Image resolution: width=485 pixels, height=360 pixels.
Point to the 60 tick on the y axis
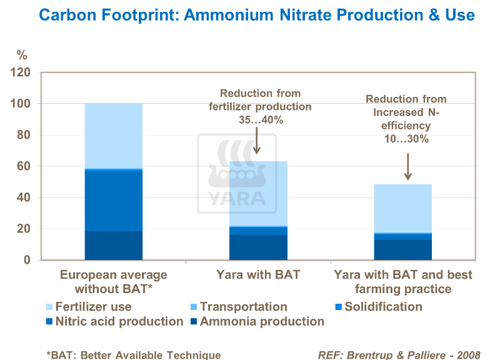pos(24,166)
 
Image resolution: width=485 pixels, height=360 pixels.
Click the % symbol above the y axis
pos(22,56)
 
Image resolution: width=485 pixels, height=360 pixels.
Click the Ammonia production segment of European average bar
pos(113,246)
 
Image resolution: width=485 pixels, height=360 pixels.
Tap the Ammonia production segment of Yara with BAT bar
pos(258,247)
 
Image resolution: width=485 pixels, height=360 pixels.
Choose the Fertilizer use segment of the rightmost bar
pos(402,208)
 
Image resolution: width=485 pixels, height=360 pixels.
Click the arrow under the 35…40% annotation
pos(257,142)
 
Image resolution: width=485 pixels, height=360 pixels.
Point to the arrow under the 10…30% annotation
pos(407,167)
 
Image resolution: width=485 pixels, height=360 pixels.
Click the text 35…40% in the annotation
pos(259,119)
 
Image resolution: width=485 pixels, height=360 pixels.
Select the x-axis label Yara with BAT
pos(258,275)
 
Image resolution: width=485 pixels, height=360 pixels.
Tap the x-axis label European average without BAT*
pos(113,282)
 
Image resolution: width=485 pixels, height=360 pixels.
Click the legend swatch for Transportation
pos(192,307)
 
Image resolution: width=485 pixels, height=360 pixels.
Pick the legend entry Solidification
pos(383,307)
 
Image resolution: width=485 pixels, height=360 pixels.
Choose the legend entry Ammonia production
pos(262,322)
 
